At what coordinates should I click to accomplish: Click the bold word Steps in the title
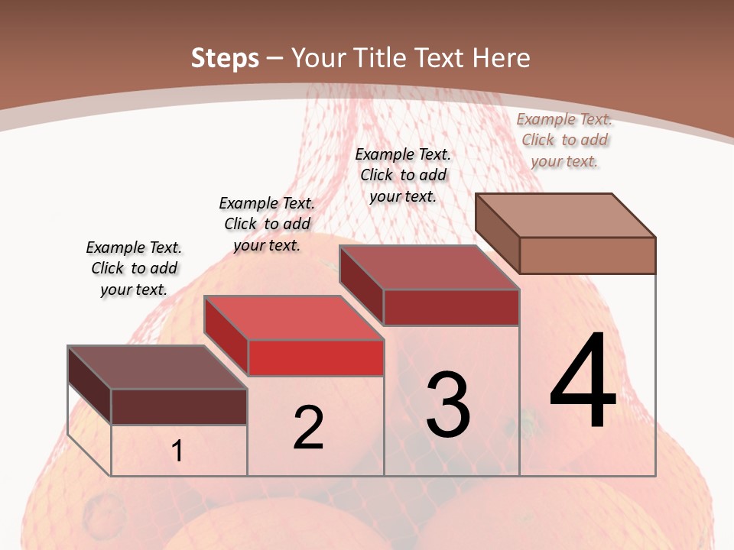224,58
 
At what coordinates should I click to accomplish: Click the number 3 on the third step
447,405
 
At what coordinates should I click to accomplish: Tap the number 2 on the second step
308,428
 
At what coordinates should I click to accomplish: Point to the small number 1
177,451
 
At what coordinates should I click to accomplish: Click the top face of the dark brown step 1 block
157,367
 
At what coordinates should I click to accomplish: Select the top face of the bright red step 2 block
294,318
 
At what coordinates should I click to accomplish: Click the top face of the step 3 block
429,267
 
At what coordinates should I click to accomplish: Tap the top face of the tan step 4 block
566,215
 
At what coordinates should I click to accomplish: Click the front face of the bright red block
316,358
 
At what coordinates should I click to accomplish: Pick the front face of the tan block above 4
587,255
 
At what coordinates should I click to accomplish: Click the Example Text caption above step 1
134,268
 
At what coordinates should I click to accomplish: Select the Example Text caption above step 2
267,224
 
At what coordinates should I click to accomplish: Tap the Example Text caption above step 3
403,175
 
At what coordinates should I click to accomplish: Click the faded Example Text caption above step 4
564,140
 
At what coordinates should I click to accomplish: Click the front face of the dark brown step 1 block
179,406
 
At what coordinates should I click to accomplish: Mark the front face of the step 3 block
451,307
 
